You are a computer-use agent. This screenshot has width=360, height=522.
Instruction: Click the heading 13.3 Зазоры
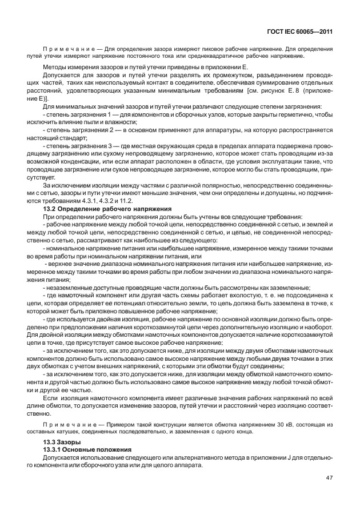pyautogui.click(x=62, y=443)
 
